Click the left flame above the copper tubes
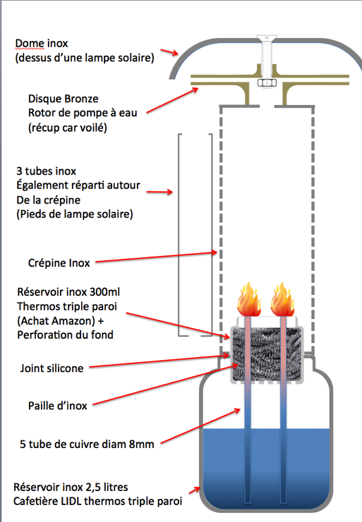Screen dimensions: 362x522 pos(248,299)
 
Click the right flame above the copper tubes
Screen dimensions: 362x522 pos(282,299)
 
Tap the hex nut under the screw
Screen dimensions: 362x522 pos(267,83)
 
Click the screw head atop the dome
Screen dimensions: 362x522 pos(267,37)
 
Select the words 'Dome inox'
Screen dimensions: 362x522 pos(42,43)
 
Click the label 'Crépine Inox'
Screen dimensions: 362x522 pos(59,263)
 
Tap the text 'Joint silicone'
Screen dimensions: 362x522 pos(52,368)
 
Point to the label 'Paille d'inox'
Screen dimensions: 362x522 pos(57,406)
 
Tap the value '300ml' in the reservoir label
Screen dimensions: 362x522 pos(104,292)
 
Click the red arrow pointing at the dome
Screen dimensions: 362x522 pos(169,52)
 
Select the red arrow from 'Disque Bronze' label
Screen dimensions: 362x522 pos(172,101)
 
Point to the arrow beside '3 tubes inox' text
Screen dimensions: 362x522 pos(159,192)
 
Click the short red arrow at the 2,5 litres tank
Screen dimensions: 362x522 pos(194,490)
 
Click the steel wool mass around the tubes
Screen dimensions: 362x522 pos(267,354)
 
